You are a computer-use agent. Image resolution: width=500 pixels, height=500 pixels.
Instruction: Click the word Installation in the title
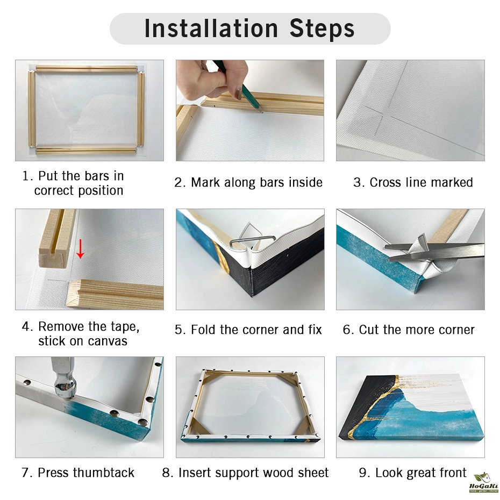click(x=211, y=28)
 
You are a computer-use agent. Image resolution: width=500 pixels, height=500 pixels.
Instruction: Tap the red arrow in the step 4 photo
click(x=80, y=249)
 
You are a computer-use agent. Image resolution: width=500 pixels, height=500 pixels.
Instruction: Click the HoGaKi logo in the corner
click(x=484, y=482)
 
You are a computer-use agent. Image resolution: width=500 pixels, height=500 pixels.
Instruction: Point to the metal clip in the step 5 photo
click(x=252, y=242)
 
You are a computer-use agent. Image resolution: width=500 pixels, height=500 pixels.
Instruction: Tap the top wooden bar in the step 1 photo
click(x=87, y=69)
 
